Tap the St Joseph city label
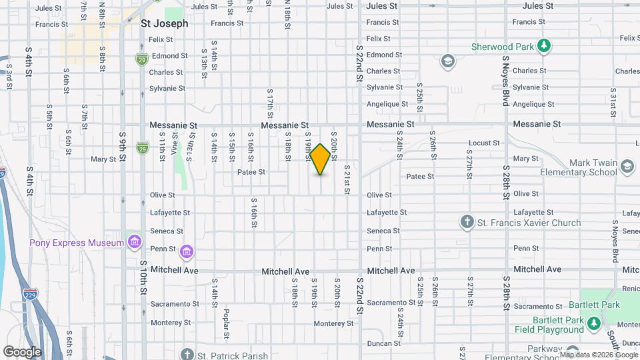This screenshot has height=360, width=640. click(x=165, y=23)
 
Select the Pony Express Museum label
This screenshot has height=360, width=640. click(x=77, y=243)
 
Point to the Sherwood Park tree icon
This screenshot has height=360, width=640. click(x=545, y=46)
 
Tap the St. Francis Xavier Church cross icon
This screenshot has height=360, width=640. click(x=468, y=221)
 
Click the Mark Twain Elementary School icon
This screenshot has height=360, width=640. click(x=627, y=166)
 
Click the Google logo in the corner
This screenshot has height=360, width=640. click(x=23, y=351)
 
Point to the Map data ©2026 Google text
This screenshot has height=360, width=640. click(x=599, y=355)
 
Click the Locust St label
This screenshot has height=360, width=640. click(x=484, y=143)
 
